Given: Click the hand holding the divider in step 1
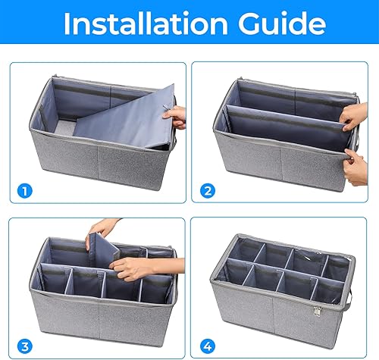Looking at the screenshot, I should point(177,116).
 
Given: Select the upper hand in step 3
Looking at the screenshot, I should point(106,227).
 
